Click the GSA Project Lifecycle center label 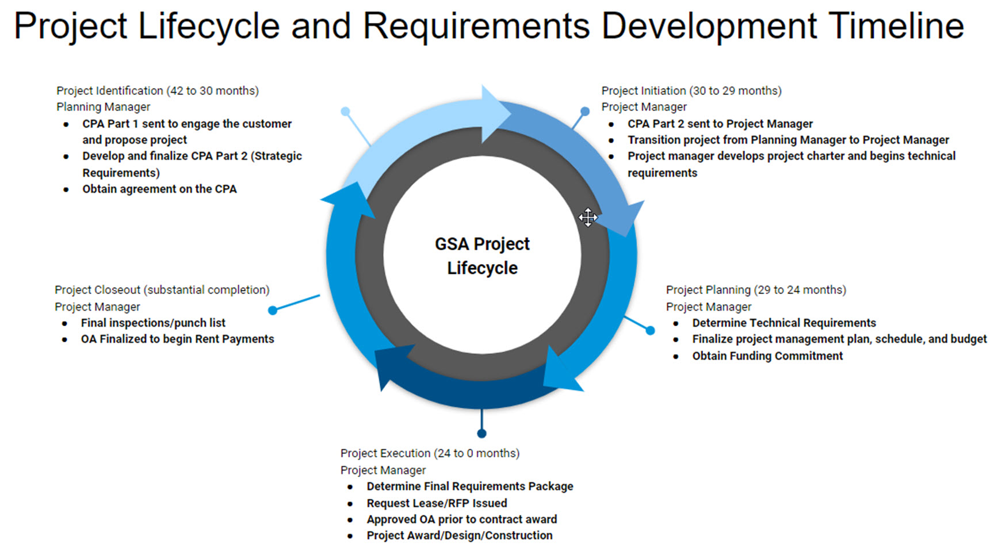coord(482,255)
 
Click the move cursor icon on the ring coord(587,217)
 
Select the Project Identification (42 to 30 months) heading coord(157,90)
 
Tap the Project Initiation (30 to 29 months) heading coord(691,90)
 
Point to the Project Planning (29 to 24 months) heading coord(755,289)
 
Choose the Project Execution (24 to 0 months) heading coord(430,453)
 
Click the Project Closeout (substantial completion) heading coord(162,289)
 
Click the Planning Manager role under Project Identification coord(103,106)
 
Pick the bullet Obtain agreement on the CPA coord(159,189)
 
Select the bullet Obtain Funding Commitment coord(767,356)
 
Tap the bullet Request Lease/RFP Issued coord(437,503)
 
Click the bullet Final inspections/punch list coord(153,323)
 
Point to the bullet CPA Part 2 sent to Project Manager coord(720,124)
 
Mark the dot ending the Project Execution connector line coord(482,433)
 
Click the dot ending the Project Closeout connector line coord(273,310)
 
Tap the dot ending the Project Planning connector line coord(650,330)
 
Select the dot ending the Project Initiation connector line coord(585,111)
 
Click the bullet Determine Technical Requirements coord(783,323)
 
